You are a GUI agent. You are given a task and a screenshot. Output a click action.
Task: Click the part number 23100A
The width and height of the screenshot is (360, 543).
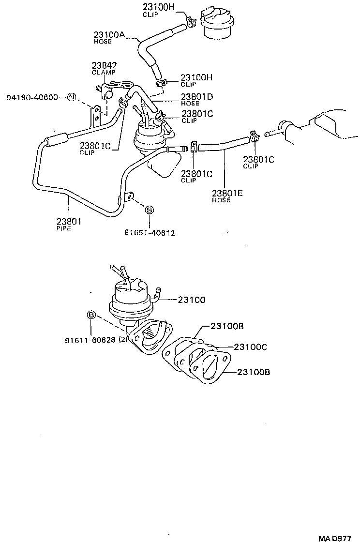click(109, 34)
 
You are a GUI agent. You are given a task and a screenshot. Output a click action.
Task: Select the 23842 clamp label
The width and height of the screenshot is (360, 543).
click(104, 66)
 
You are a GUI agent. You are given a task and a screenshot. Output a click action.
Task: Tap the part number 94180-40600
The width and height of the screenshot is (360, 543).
click(32, 97)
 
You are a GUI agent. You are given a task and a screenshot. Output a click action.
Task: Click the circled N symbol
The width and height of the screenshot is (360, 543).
click(72, 97)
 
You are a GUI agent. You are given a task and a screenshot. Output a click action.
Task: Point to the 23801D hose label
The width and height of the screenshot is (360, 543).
click(197, 96)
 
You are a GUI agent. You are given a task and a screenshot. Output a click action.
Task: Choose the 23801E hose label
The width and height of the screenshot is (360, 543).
click(227, 194)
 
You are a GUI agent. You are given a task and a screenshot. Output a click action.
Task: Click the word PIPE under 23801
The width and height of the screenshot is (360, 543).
click(63, 228)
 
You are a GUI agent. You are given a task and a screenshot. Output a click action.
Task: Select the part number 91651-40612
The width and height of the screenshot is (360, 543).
click(150, 232)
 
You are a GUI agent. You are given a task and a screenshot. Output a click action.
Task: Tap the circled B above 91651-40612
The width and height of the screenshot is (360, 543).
click(150, 210)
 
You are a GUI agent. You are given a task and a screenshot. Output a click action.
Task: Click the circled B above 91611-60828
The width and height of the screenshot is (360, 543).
click(90, 315)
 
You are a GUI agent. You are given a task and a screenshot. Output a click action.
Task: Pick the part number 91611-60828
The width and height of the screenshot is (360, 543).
click(90, 340)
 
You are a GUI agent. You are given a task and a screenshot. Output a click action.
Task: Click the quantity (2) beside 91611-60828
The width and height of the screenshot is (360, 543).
click(123, 340)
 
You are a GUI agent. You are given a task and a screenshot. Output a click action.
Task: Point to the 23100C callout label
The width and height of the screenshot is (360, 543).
click(250, 347)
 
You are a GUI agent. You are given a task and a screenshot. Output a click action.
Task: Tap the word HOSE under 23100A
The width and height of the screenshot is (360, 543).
click(103, 42)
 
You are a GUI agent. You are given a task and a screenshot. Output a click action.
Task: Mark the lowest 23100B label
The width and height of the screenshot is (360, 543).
click(253, 372)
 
